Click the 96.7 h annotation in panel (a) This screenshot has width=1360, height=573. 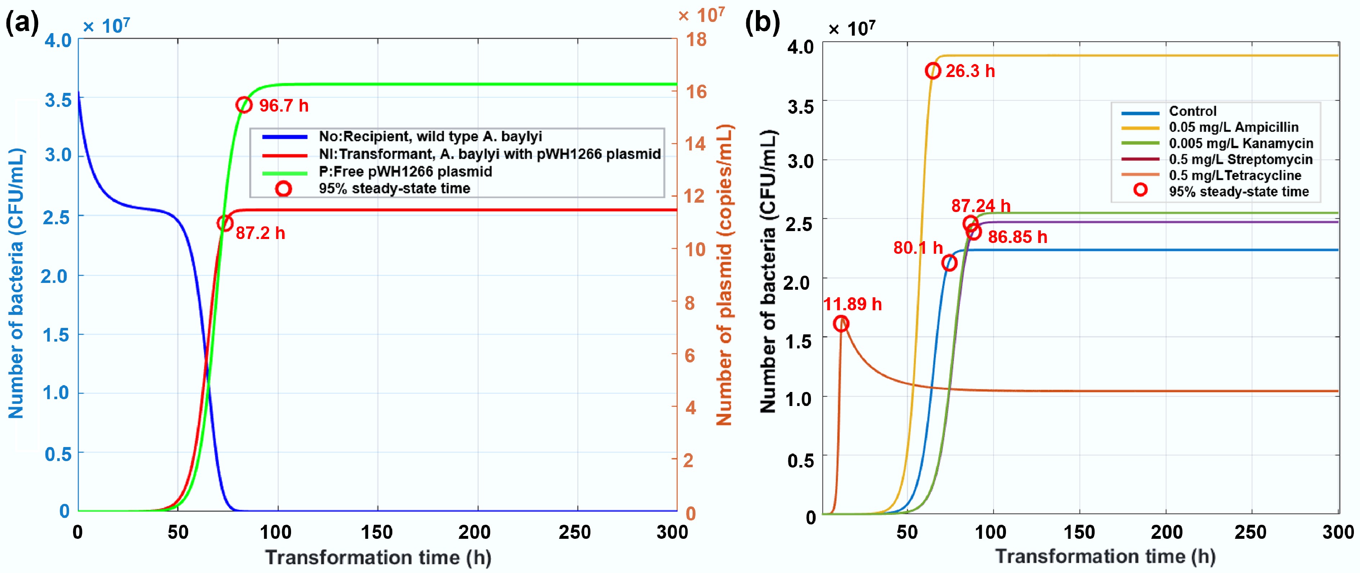click(284, 105)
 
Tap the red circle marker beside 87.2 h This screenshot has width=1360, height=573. click(225, 224)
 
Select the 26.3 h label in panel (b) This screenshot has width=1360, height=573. click(970, 71)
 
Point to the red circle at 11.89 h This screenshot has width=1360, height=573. click(841, 324)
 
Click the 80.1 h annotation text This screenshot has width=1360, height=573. click(917, 248)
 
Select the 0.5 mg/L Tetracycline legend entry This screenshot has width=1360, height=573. click(1235, 175)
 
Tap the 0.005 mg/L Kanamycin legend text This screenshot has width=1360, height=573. click(1241, 144)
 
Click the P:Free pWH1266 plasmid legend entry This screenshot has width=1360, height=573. click(405, 172)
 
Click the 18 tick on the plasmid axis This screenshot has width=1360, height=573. click(696, 40)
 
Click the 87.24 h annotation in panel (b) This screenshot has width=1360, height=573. click(980, 206)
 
